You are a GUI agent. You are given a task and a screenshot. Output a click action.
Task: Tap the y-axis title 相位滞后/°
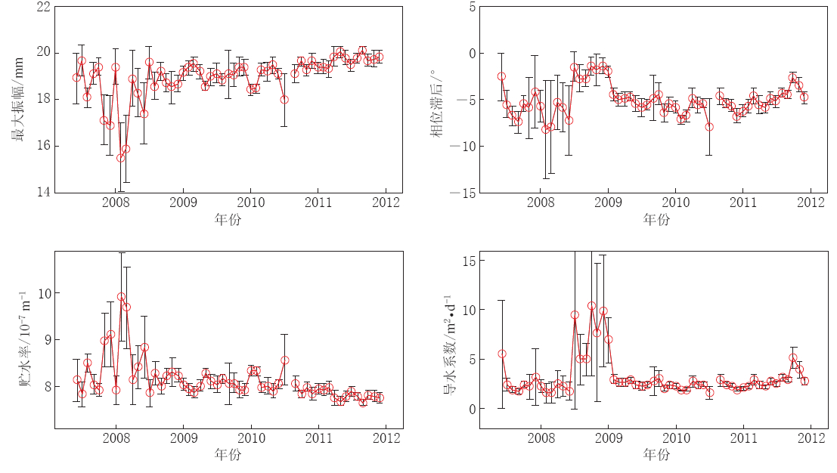click(436, 100)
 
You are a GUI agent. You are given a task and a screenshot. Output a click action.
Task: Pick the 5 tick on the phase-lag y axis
click(470, 7)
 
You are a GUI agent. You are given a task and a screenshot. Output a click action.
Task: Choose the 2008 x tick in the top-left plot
click(116, 202)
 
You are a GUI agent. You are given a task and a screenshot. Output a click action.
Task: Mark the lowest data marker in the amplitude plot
click(121, 158)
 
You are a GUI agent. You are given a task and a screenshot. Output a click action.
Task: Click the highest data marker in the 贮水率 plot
click(121, 297)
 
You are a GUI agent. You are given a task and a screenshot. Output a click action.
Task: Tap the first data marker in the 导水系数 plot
click(502, 354)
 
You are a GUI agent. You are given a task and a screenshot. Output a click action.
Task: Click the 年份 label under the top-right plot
click(656, 220)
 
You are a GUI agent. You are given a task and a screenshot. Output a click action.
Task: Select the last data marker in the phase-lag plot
click(804, 97)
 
